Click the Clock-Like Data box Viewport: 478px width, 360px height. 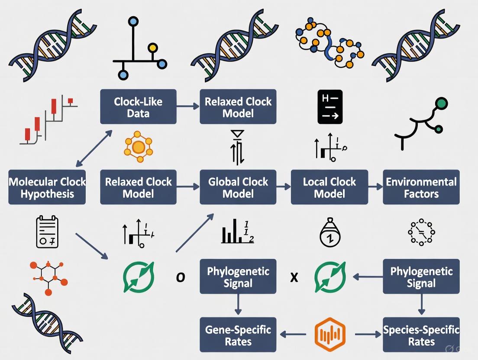point(138,107)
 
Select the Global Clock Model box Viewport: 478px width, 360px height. point(238,187)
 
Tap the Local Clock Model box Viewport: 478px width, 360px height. point(329,187)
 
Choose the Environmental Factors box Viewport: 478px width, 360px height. point(421,187)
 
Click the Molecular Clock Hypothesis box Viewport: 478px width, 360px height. point(47,187)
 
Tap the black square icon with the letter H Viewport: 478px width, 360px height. point(330,107)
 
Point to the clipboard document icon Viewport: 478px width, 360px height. point(47,232)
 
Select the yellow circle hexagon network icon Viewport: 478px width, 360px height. point(138,147)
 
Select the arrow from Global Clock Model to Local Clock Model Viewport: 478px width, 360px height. point(284,187)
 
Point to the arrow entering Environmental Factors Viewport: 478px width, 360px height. point(375,187)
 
